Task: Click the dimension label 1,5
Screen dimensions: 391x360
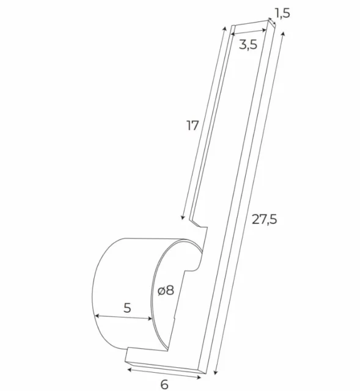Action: pyautogui.click(x=281, y=12)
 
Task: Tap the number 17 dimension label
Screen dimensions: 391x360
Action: pyautogui.click(x=193, y=126)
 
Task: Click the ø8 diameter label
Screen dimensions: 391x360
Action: pyautogui.click(x=166, y=291)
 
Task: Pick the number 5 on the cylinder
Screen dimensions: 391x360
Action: pyautogui.click(x=127, y=307)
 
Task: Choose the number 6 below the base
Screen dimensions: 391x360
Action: pyautogui.click(x=164, y=384)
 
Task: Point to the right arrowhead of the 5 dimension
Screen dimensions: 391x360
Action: pyautogui.click(x=152, y=320)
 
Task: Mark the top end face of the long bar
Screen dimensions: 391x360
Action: pyautogui.click(x=251, y=24)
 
